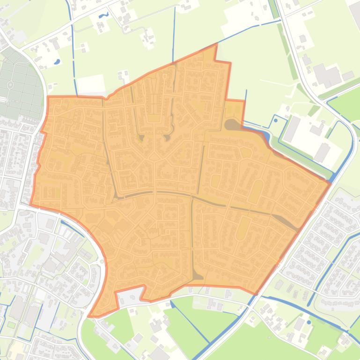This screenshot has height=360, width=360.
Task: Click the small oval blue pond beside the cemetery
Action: click(57, 61)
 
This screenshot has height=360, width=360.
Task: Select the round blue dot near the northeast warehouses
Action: click(276, 121)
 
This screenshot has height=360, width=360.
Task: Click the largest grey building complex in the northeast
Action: click(327, 75)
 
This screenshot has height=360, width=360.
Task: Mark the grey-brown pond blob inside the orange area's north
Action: click(232, 125)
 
